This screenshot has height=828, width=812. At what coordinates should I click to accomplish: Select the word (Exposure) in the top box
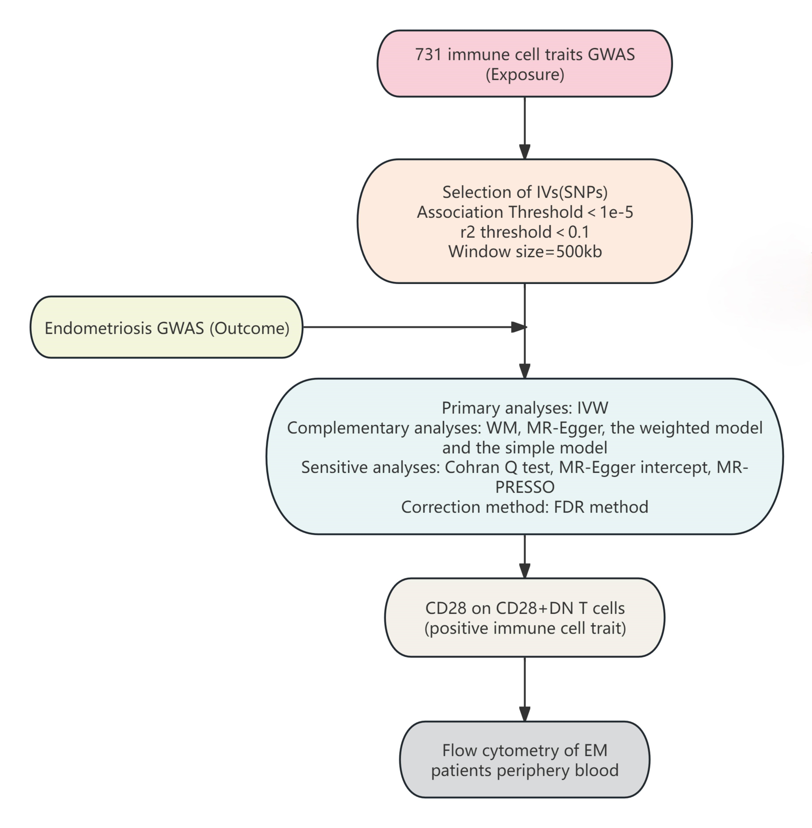click(x=525, y=75)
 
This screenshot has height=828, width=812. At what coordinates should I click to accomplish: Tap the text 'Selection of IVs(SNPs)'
click(x=525, y=192)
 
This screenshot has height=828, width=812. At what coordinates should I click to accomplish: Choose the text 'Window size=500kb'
click(x=525, y=251)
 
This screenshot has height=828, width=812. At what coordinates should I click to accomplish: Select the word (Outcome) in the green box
click(x=249, y=328)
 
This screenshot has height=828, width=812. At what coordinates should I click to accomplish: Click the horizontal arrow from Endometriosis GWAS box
click(x=415, y=327)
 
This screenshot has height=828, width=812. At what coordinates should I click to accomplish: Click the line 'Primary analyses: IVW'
click(x=525, y=408)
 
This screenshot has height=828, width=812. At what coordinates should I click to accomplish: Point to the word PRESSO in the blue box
click(x=525, y=487)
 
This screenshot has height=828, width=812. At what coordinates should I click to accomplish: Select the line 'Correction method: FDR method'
click(x=525, y=507)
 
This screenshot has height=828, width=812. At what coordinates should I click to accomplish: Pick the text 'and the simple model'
click(x=525, y=447)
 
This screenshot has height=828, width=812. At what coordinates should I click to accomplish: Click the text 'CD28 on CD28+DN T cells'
click(x=525, y=608)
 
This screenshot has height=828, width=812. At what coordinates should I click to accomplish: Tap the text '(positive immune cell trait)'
click(x=525, y=628)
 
